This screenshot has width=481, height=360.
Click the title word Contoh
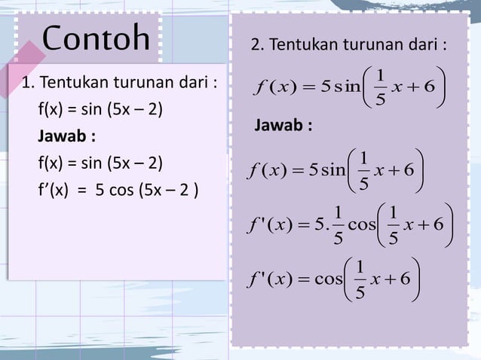click(96, 38)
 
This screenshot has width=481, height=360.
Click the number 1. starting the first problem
click(29, 82)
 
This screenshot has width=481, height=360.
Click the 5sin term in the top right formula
click(340, 86)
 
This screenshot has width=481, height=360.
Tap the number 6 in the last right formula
click(405, 279)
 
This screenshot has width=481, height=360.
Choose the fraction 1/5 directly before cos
click(338, 224)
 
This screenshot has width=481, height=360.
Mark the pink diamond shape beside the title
click(29, 54)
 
